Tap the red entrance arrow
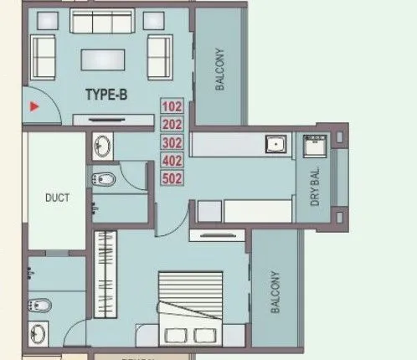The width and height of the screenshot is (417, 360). click(34, 106)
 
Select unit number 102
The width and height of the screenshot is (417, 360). click(171, 106)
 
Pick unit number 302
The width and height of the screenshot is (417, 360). click(171, 141)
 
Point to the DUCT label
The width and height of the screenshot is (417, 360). click(56, 198)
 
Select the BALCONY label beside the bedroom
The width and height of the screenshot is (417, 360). click(276, 291)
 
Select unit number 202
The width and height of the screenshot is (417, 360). click(171, 124)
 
